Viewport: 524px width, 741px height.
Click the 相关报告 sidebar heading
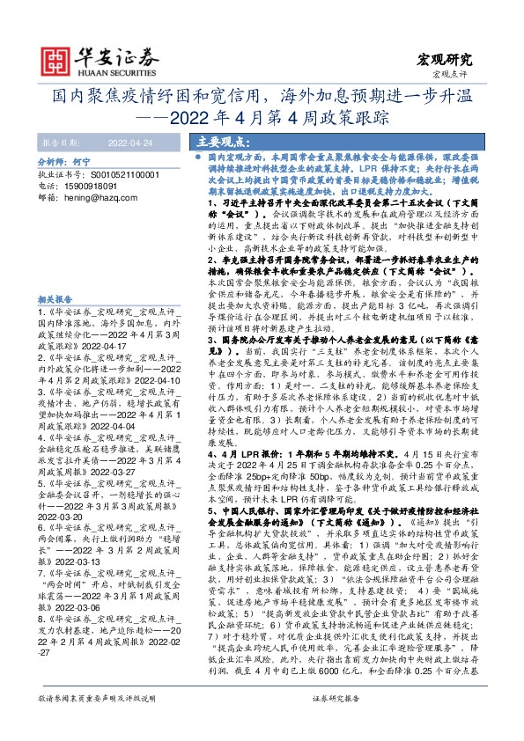coord(55,299)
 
